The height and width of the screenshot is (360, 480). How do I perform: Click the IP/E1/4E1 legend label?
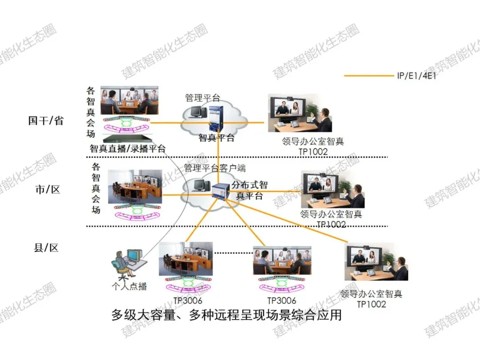point(416,76)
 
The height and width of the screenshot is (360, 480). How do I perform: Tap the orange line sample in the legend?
point(369,75)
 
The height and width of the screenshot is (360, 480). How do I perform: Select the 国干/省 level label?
point(46,120)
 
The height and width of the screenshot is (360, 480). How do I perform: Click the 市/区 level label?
point(48,189)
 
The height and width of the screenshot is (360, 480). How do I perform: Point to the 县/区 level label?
point(46,248)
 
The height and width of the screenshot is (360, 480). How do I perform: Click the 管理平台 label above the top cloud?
point(203,98)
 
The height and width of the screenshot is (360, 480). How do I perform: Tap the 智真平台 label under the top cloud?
point(217,138)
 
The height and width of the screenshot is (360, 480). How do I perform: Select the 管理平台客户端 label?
point(215,168)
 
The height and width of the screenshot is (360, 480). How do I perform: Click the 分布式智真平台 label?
point(249,190)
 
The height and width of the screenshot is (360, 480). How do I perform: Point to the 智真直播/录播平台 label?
point(128,148)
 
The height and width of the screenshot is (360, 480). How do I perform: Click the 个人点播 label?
point(129,286)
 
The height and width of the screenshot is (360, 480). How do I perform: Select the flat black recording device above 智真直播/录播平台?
point(128,138)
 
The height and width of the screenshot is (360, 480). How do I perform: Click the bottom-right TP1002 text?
point(371,304)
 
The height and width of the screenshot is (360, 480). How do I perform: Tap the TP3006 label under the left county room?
point(188,300)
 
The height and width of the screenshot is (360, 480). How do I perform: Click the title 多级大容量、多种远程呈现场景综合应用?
point(227,315)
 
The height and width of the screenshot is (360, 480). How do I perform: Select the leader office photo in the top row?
point(300,113)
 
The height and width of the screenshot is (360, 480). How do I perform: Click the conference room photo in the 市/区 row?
point(135,187)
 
